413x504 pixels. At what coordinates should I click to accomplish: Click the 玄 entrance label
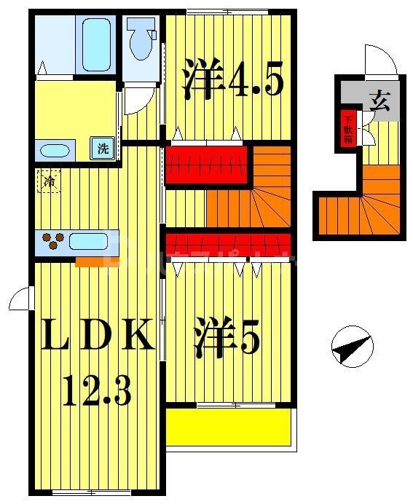point(379,99)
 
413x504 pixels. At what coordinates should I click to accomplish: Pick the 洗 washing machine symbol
point(103,149)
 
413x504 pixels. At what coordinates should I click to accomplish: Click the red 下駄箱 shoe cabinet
point(348,129)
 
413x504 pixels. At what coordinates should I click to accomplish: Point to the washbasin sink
point(55,151)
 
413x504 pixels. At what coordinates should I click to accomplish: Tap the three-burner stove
point(52,241)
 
